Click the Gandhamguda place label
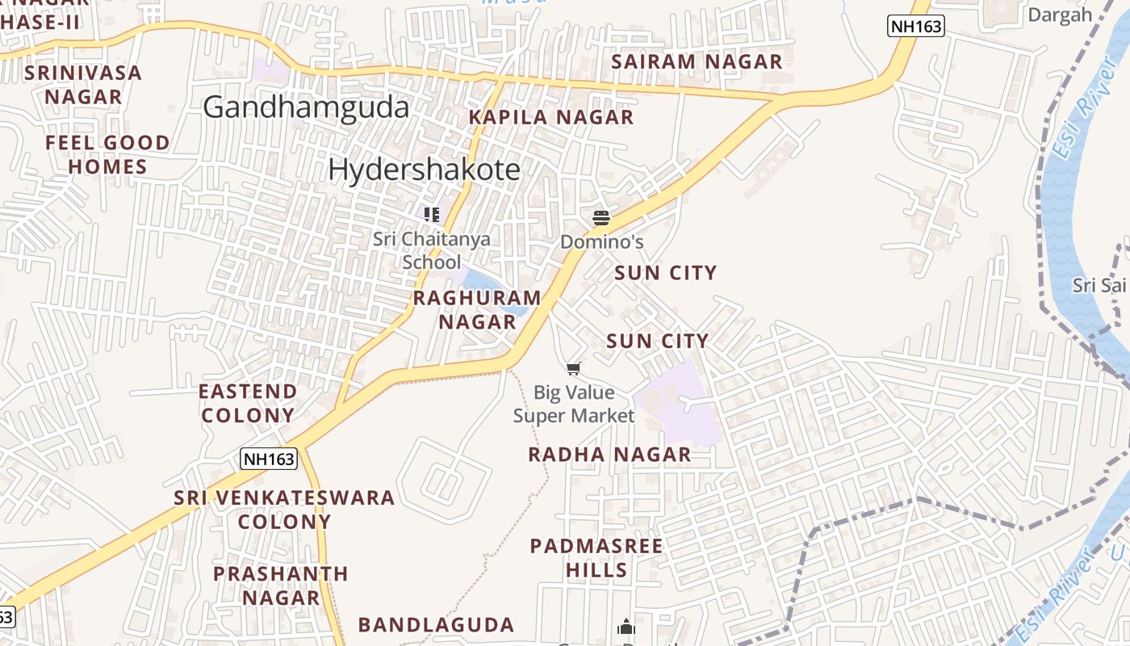click(306, 107)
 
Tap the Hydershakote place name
click(424, 170)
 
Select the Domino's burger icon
click(601, 217)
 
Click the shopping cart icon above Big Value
click(573, 369)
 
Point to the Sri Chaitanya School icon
click(432, 214)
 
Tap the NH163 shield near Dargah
click(915, 26)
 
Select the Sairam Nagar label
click(697, 62)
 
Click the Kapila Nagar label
click(551, 117)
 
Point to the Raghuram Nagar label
click(477, 310)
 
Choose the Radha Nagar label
click(609, 455)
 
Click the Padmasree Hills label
click(596, 558)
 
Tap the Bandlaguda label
click(436, 625)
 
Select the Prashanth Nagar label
click(281, 585)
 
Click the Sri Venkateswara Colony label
click(284, 510)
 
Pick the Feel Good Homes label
click(107, 155)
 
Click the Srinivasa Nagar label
click(83, 85)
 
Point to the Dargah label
click(1059, 15)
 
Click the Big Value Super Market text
click(574, 405)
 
